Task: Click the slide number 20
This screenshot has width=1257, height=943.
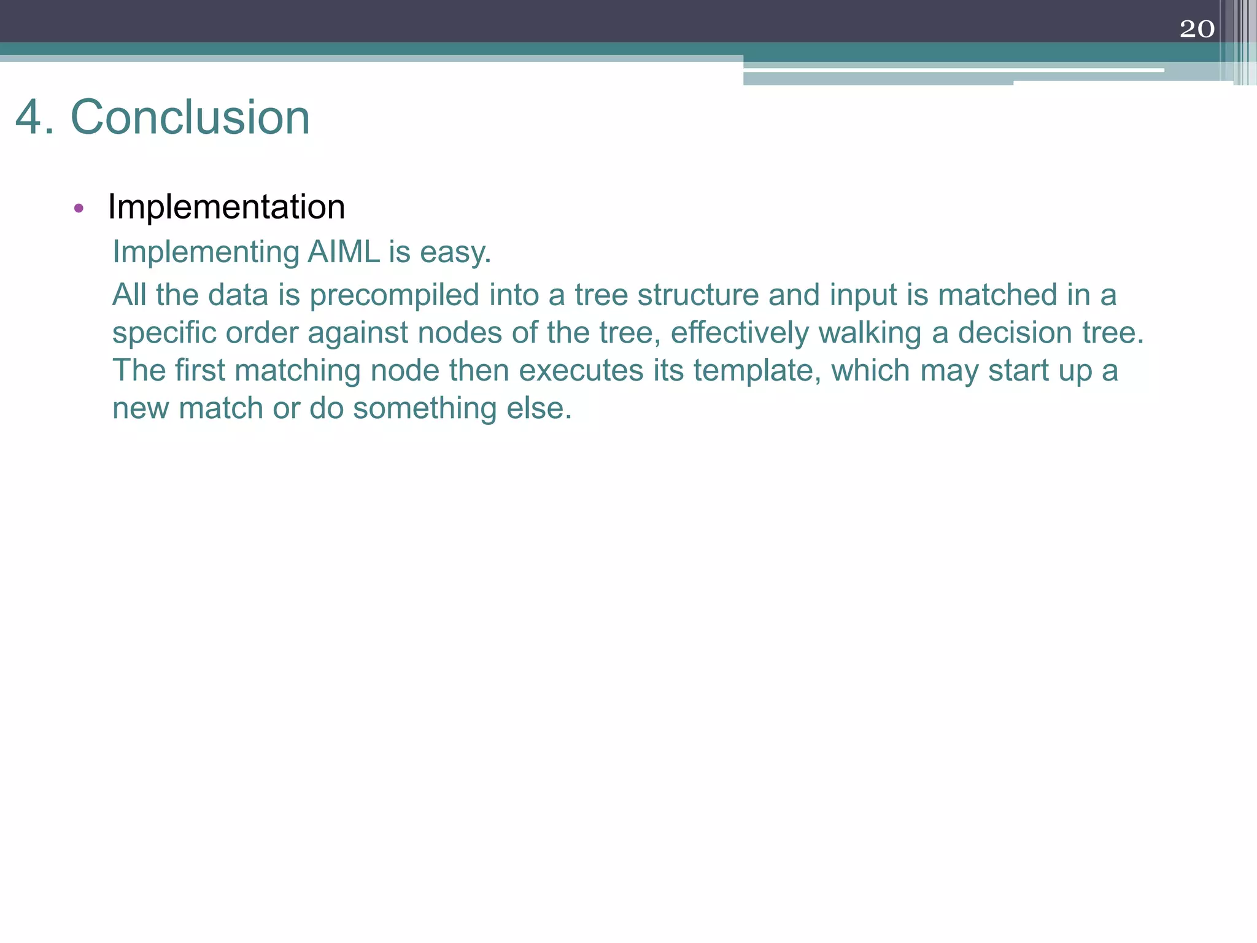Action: tap(1197, 29)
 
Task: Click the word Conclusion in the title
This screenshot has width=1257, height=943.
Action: tap(190, 117)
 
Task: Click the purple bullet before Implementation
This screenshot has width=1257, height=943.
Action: tap(78, 208)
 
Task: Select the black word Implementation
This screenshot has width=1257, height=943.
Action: tap(226, 207)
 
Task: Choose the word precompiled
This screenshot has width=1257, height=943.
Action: tap(395, 296)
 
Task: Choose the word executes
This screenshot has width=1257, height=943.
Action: tap(581, 371)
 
